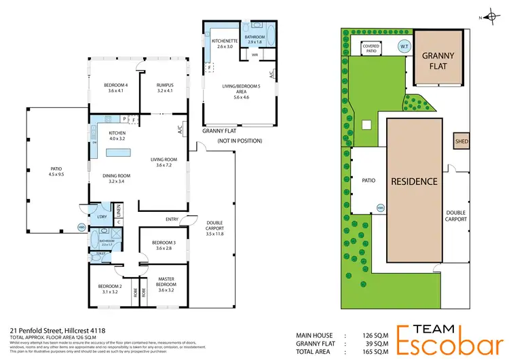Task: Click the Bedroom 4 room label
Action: tap(115, 88)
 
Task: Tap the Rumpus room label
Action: tap(165, 88)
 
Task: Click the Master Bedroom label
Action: tap(166, 282)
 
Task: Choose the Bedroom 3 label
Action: tap(164, 245)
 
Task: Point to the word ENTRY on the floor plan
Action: tap(172, 219)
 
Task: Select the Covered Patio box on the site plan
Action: tap(371, 48)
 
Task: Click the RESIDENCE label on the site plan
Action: tap(414, 182)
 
